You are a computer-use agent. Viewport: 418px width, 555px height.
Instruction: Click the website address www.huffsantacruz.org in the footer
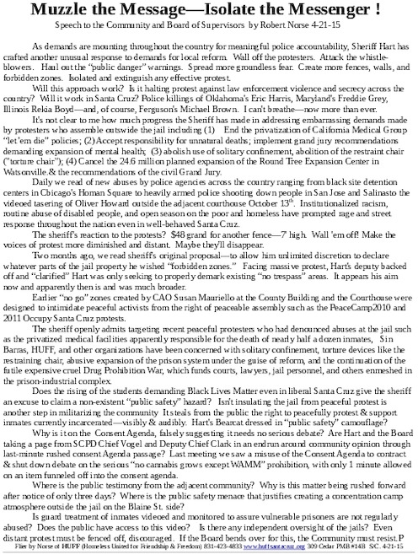[x=281, y=549]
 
